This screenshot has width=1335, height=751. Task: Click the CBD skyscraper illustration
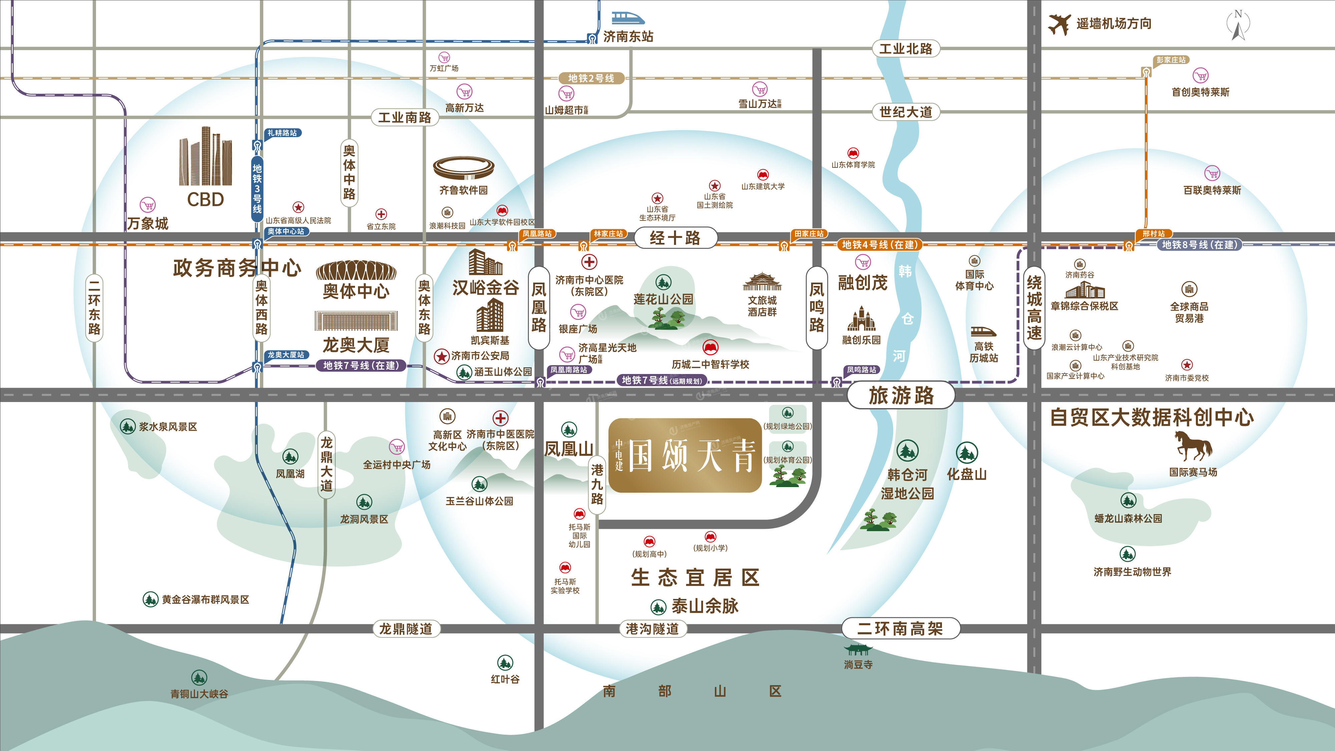coord(206,156)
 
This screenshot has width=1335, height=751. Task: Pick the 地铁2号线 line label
coord(591,78)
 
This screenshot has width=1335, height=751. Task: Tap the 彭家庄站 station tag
coord(1171,60)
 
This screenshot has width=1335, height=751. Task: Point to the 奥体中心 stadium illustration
coord(356,271)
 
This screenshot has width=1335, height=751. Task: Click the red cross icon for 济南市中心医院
coord(589,262)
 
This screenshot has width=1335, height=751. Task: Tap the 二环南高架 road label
coord(900,629)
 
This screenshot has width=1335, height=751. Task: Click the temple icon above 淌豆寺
coord(858,650)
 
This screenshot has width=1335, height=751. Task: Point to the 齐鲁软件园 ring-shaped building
coord(463,168)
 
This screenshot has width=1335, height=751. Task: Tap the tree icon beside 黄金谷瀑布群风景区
coord(150,600)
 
